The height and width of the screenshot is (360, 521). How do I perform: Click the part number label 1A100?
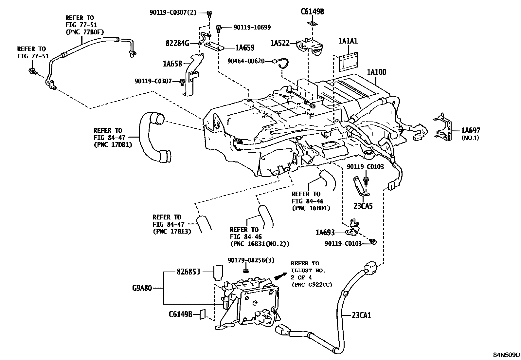click(377, 72)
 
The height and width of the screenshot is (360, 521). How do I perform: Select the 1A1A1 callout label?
click(348, 41)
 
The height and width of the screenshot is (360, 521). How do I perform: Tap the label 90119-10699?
click(252, 28)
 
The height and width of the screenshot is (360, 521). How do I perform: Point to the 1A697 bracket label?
click(471, 130)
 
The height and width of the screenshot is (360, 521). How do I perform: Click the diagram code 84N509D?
click(506, 355)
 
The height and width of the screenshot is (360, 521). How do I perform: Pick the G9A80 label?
click(142, 288)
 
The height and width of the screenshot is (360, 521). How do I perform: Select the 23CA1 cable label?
click(361, 315)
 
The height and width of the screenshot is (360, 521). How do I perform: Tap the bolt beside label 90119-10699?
click(218, 29)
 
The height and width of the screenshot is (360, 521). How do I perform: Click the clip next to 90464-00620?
click(282, 63)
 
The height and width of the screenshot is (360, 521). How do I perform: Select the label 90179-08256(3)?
click(251, 260)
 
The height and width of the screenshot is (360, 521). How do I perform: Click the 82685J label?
click(188, 272)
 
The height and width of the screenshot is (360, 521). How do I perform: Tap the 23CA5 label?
click(363, 206)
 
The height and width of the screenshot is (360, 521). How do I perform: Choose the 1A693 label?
click(325, 232)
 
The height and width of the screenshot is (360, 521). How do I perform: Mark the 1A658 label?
click(172, 64)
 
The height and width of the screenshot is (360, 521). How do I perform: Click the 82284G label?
click(177, 43)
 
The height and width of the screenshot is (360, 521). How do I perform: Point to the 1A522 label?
click(280, 43)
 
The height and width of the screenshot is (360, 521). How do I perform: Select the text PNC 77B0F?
click(85, 32)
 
